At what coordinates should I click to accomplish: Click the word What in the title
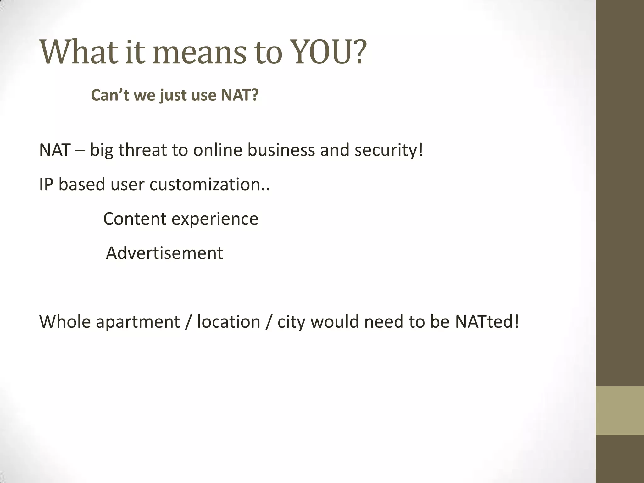pos(80,52)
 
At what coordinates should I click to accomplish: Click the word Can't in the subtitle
pos(110,95)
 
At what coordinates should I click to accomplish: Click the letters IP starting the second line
pos(46,185)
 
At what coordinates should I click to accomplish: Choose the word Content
pos(135,219)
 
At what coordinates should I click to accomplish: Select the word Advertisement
pos(164,253)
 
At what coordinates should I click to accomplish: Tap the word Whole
pos(65,322)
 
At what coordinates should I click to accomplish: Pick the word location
pos(229,322)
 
